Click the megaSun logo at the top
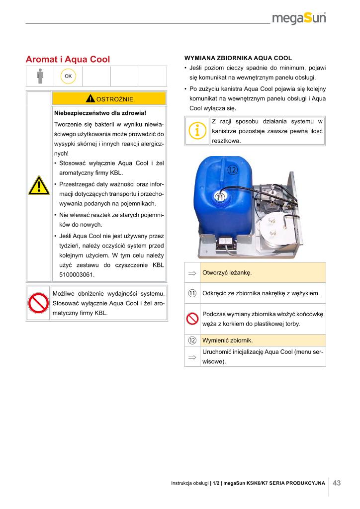click(x=302, y=19)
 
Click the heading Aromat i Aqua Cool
click(x=68, y=60)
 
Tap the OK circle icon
click(x=68, y=76)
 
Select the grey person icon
click(x=40, y=76)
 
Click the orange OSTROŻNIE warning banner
click(x=108, y=98)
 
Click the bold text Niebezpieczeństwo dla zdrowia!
click(x=99, y=113)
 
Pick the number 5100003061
click(x=73, y=275)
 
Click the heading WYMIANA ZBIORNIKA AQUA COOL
click(x=238, y=58)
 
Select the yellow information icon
click(x=197, y=130)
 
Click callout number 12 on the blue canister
click(x=232, y=170)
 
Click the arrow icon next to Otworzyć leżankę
click(x=192, y=273)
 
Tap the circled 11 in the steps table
click(x=192, y=293)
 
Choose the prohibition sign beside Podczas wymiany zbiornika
click(x=192, y=319)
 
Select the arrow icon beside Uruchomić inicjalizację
click(x=192, y=356)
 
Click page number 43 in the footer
click(x=337, y=483)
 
